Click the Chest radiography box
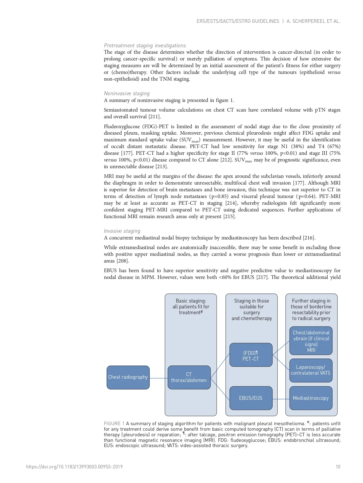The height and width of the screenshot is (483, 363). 128,377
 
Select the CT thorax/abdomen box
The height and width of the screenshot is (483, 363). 189,377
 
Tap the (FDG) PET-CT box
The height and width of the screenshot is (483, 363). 251,355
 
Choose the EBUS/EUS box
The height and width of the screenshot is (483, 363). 251,398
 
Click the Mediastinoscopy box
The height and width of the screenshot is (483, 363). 311,398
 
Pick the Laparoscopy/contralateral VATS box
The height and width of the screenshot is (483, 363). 311,370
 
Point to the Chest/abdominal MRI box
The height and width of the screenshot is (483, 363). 311,341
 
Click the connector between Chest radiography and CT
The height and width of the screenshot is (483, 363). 159,378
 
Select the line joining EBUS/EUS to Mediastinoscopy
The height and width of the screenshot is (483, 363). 281,399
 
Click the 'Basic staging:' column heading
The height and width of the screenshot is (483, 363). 191,301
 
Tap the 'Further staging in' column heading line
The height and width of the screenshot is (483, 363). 311,301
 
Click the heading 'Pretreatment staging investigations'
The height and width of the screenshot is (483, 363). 145,46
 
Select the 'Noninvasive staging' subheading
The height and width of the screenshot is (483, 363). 127,93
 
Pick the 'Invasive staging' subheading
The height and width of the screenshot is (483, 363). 122,231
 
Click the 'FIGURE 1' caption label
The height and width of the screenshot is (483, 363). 114,423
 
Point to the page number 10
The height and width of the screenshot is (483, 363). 338,467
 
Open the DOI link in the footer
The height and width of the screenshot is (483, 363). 74,467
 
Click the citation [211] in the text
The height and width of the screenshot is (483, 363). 155,117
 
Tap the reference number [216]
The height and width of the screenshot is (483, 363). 309,238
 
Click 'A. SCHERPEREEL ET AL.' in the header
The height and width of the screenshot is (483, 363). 314,21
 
